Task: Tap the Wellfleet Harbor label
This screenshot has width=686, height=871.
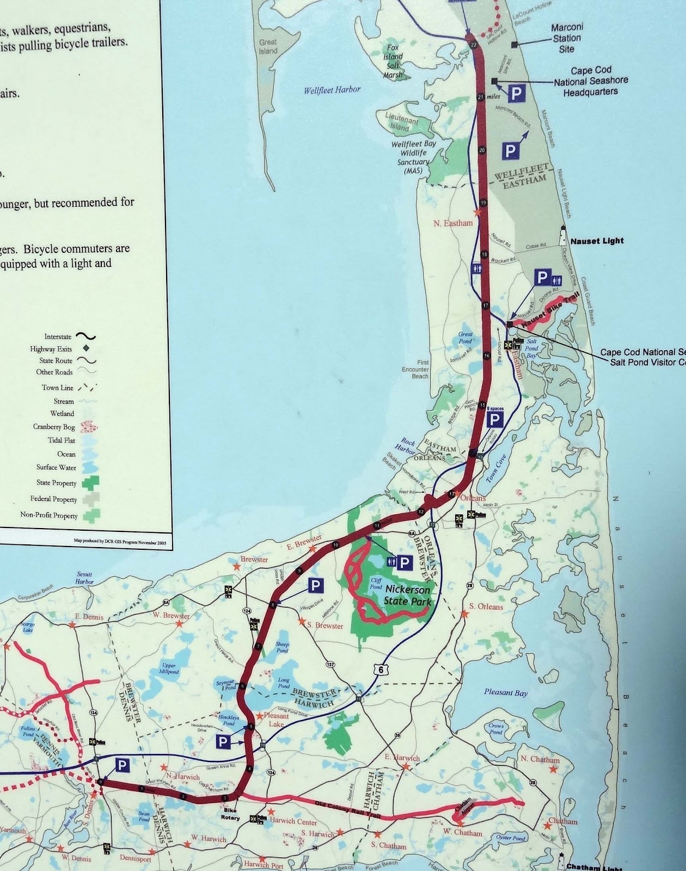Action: [x=332, y=90]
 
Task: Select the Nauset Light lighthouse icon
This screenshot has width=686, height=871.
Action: [x=563, y=236]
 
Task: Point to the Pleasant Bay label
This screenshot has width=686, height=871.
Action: [x=506, y=692]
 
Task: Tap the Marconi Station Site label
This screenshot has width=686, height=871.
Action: [x=566, y=38]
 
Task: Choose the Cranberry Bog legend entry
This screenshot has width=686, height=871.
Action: [x=54, y=427]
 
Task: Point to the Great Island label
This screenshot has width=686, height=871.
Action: [x=268, y=46]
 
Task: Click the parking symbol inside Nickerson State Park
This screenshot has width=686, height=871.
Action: [x=404, y=562]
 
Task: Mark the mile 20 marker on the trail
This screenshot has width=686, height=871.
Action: [x=482, y=150]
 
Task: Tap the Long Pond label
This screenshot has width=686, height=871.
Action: [x=284, y=683]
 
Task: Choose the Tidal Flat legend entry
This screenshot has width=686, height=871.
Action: [x=62, y=440]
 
